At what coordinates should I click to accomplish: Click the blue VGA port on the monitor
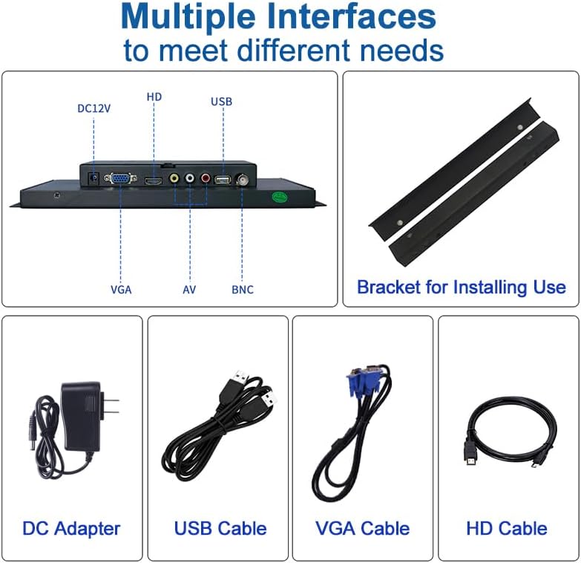coord(119,179)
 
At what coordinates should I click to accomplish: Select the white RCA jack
coord(190,179)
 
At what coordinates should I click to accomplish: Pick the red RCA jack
coord(206,179)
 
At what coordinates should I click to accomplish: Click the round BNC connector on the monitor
coord(243,179)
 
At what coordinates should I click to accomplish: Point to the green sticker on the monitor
coord(279,198)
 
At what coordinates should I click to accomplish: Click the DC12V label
coord(94,108)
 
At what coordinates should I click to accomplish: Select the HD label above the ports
coord(154,97)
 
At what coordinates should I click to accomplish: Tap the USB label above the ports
coord(221,101)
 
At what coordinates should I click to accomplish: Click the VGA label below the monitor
coord(120,290)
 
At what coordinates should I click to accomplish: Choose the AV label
coord(189,290)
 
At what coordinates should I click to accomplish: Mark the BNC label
coord(242,290)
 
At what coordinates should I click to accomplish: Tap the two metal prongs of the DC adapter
coord(111,406)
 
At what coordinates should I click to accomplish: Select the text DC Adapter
coord(71,529)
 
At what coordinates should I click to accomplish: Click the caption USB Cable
coord(220,529)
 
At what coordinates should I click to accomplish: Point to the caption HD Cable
coord(507,529)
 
